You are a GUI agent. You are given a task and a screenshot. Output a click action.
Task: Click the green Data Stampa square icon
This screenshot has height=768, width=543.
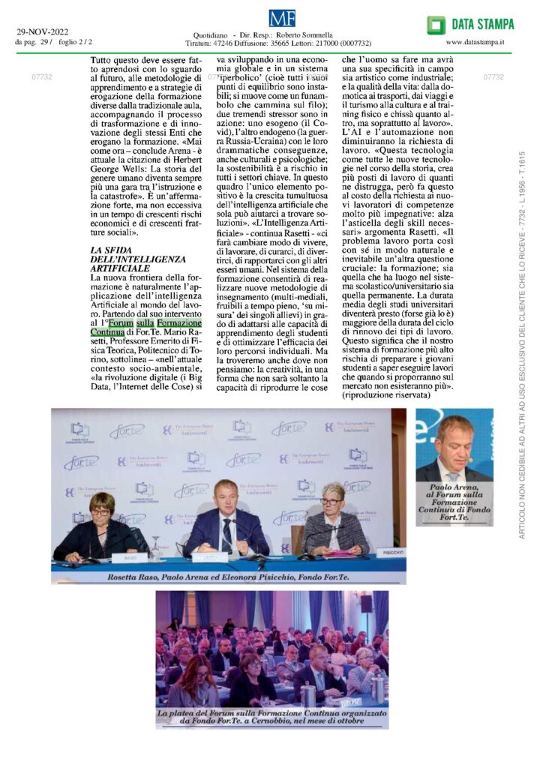(x=436, y=25)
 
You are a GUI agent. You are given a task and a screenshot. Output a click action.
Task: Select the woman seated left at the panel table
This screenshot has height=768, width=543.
(x=102, y=525)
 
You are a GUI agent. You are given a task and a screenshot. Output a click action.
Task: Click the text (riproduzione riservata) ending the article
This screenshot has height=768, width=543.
(x=385, y=394)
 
